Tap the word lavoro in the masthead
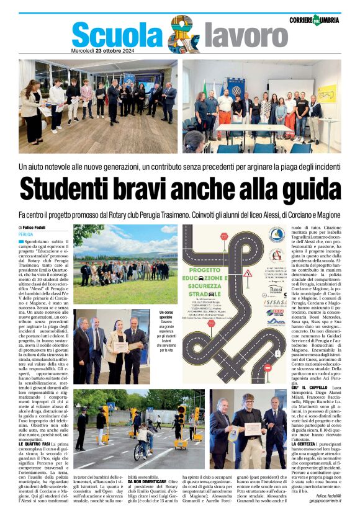click(236, 36)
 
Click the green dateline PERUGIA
click(26, 234)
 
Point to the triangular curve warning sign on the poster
click(247, 272)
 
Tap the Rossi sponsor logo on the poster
click(276, 289)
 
